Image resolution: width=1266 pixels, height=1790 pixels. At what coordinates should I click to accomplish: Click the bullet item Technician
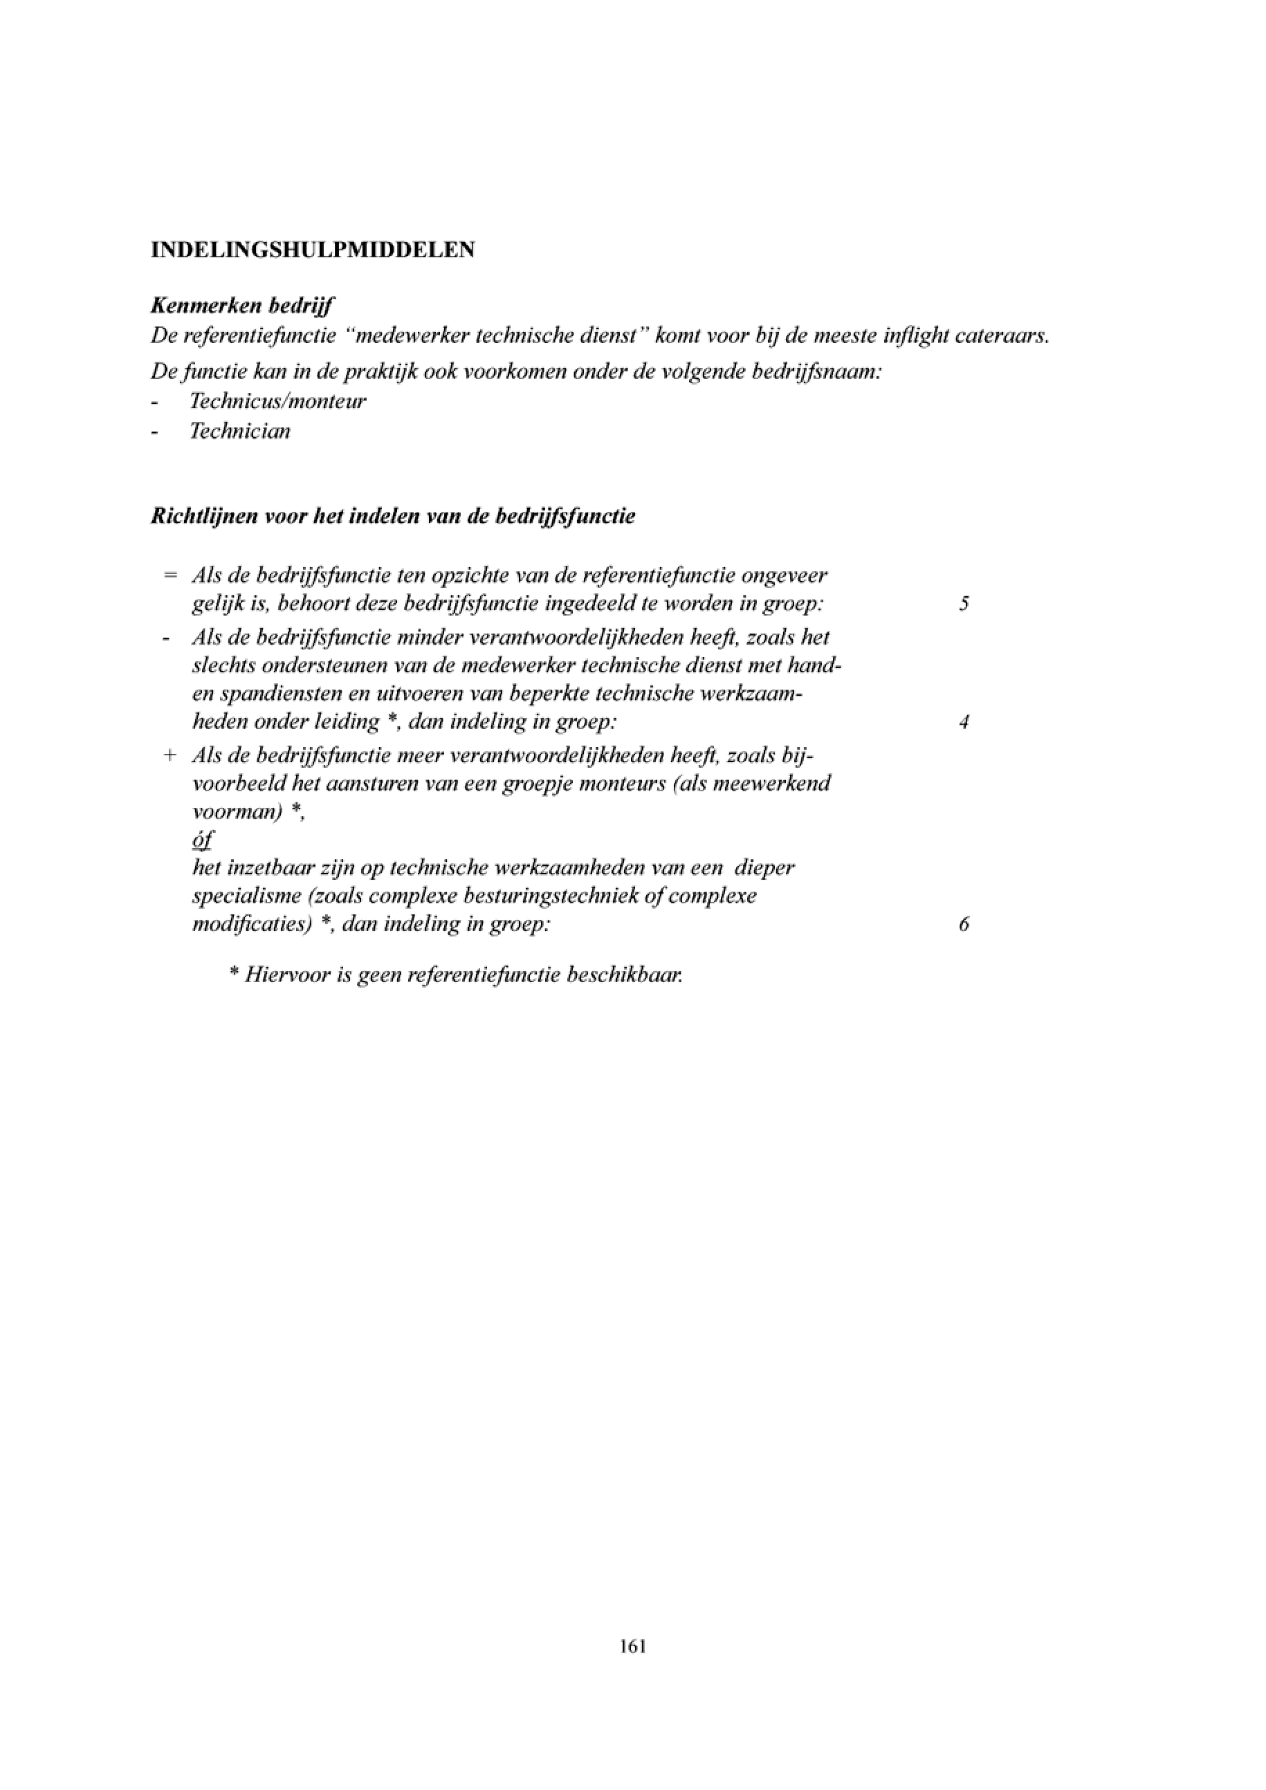[240, 431]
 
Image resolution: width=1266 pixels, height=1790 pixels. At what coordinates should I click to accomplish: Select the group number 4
[964, 723]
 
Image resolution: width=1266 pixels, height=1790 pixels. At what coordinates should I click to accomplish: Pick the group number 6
[964, 925]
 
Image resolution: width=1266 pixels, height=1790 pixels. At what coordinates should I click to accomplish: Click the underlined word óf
[202, 840]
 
